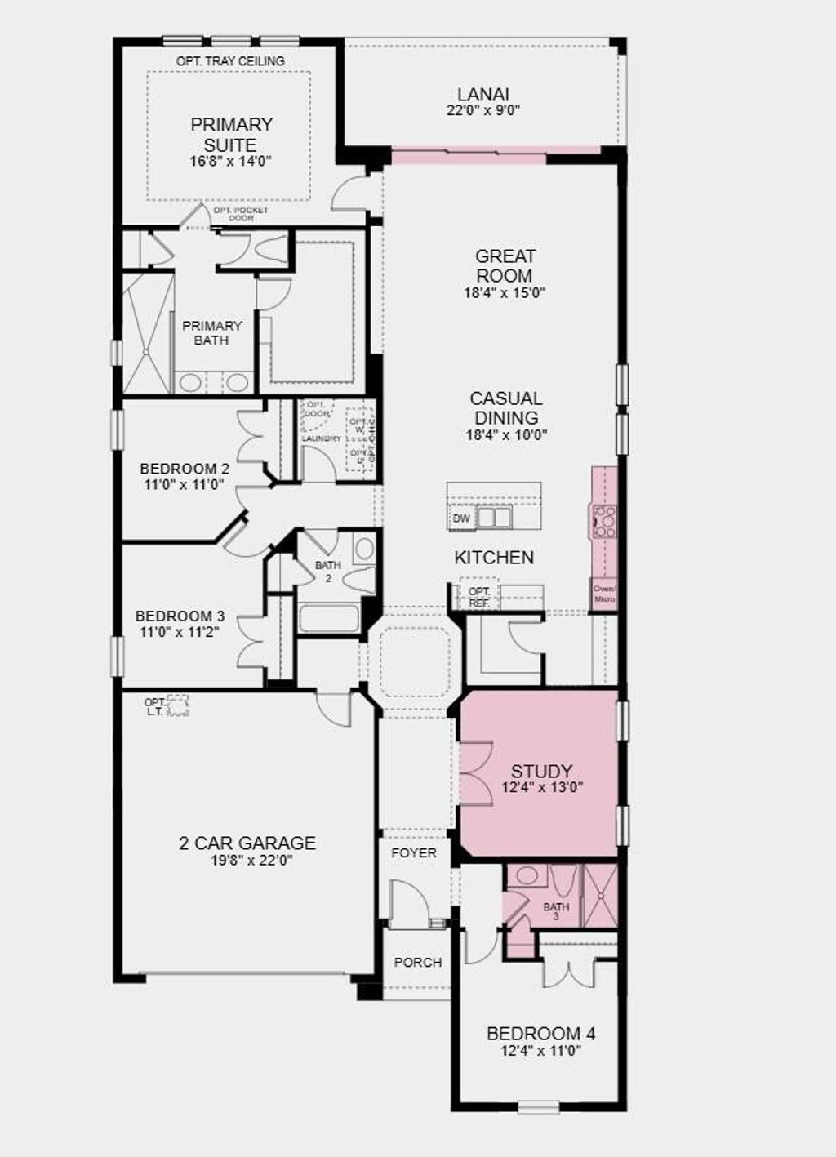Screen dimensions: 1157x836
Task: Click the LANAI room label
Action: click(x=483, y=95)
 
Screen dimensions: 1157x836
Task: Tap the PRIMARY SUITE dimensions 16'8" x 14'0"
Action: click(x=230, y=161)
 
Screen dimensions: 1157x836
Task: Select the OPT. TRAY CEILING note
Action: click(x=230, y=61)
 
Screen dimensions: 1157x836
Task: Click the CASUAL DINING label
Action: click(x=506, y=407)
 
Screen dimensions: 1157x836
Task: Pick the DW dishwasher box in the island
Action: click(x=461, y=518)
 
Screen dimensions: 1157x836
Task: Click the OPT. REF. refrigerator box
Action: click(x=479, y=596)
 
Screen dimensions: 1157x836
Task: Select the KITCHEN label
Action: click(x=494, y=558)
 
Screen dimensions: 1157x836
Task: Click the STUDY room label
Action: click(x=541, y=771)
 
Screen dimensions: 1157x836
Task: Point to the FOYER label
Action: click(x=414, y=852)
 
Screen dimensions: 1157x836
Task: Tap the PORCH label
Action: click(x=417, y=962)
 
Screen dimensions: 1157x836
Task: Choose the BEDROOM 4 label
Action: click(x=540, y=1033)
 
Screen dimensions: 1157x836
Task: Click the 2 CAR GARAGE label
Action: click(x=247, y=843)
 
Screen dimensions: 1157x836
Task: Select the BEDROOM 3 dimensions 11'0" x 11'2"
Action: click(x=180, y=631)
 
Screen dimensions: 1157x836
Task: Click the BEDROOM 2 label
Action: click(x=185, y=469)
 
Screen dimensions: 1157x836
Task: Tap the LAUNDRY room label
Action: click(x=321, y=438)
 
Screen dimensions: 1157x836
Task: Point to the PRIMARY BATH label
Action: click(x=211, y=332)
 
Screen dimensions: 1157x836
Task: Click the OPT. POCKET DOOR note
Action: click(x=240, y=214)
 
